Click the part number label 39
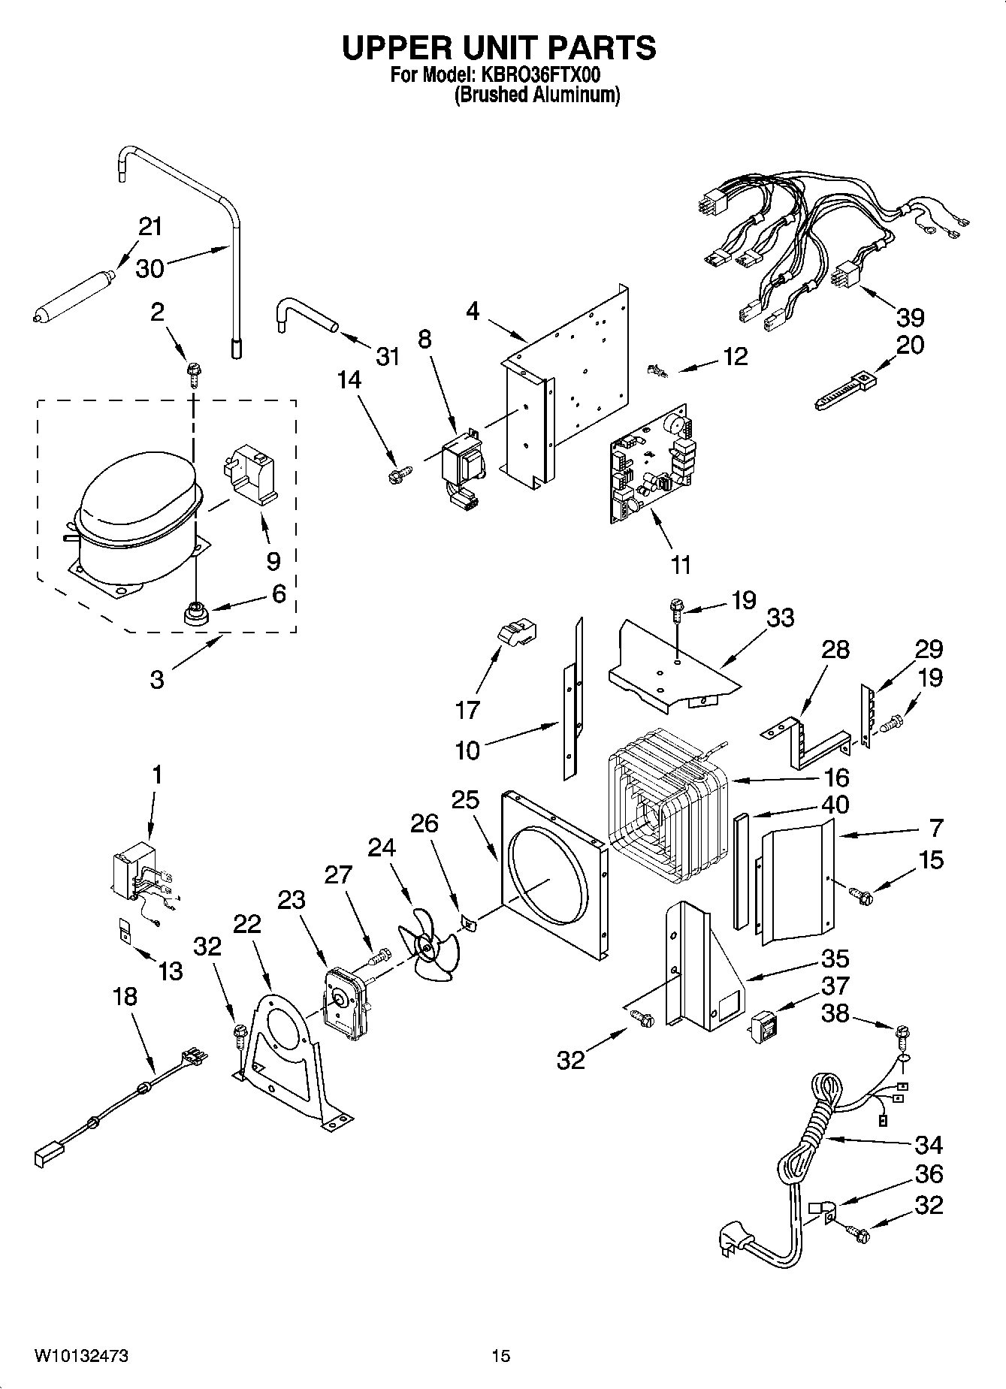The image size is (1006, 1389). pyautogui.click(x=911, y=318)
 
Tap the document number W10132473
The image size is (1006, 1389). pyautogui.click(x=80, y=1356)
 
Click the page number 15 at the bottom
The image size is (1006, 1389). pyautogui.click(x=500, y=1356)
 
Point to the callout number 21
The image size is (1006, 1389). pyautogui.click(x=150, y=225)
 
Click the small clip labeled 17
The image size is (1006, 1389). pyautogui.click(x=517, y=634)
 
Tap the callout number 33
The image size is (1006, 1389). pyautogui.click(x=780, y=618)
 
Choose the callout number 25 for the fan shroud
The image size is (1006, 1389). pyautogui.click(x=465, y=799)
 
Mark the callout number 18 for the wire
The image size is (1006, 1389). pyautogui.click(x=125, y=997)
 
